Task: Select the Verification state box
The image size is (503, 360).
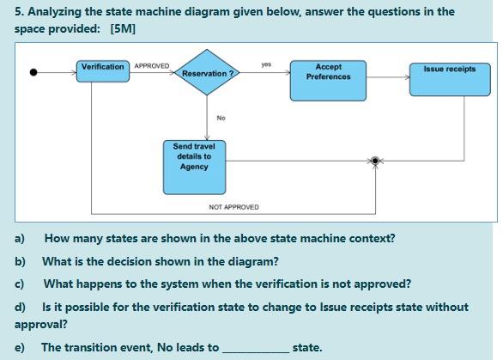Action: [x=103, y=67]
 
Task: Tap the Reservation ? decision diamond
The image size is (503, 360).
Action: [x=209, y=74]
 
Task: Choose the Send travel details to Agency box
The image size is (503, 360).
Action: [x=194, y=166]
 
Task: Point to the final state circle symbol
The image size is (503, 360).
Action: [x=374, y=161]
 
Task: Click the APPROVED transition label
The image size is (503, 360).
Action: [x=151, y=66]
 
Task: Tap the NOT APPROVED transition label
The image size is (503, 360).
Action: [x=233, y=207]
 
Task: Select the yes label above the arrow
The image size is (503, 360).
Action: [x=266, y=64]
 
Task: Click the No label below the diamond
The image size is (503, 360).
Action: [x=221, y=118]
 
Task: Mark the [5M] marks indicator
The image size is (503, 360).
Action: [x=123, y=28]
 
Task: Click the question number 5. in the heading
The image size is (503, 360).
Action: [x=19, y=11]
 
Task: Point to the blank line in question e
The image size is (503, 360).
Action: [x=255, y=348]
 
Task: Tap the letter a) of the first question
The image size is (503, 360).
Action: [x=20, y=238]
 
